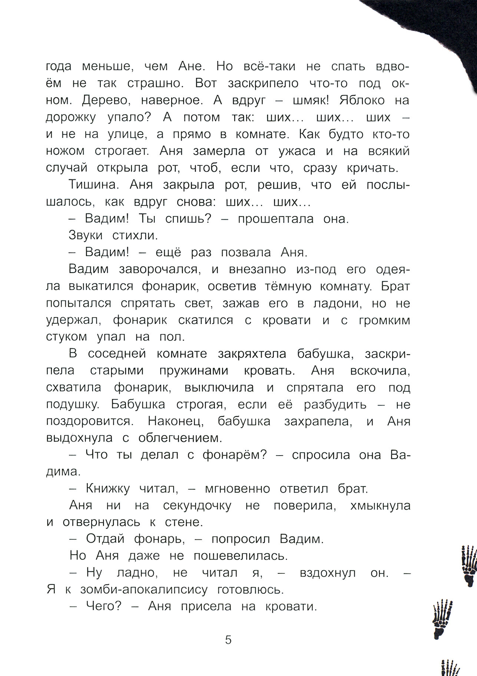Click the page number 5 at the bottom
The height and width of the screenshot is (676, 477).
(228, 640)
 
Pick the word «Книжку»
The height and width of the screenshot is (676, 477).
(107, 489)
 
